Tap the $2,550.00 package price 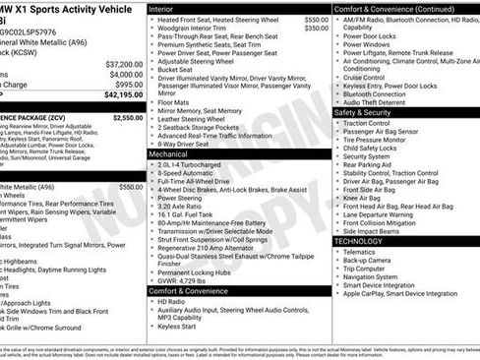127,117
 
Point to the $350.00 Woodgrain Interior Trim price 317,29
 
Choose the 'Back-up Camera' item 370,260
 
